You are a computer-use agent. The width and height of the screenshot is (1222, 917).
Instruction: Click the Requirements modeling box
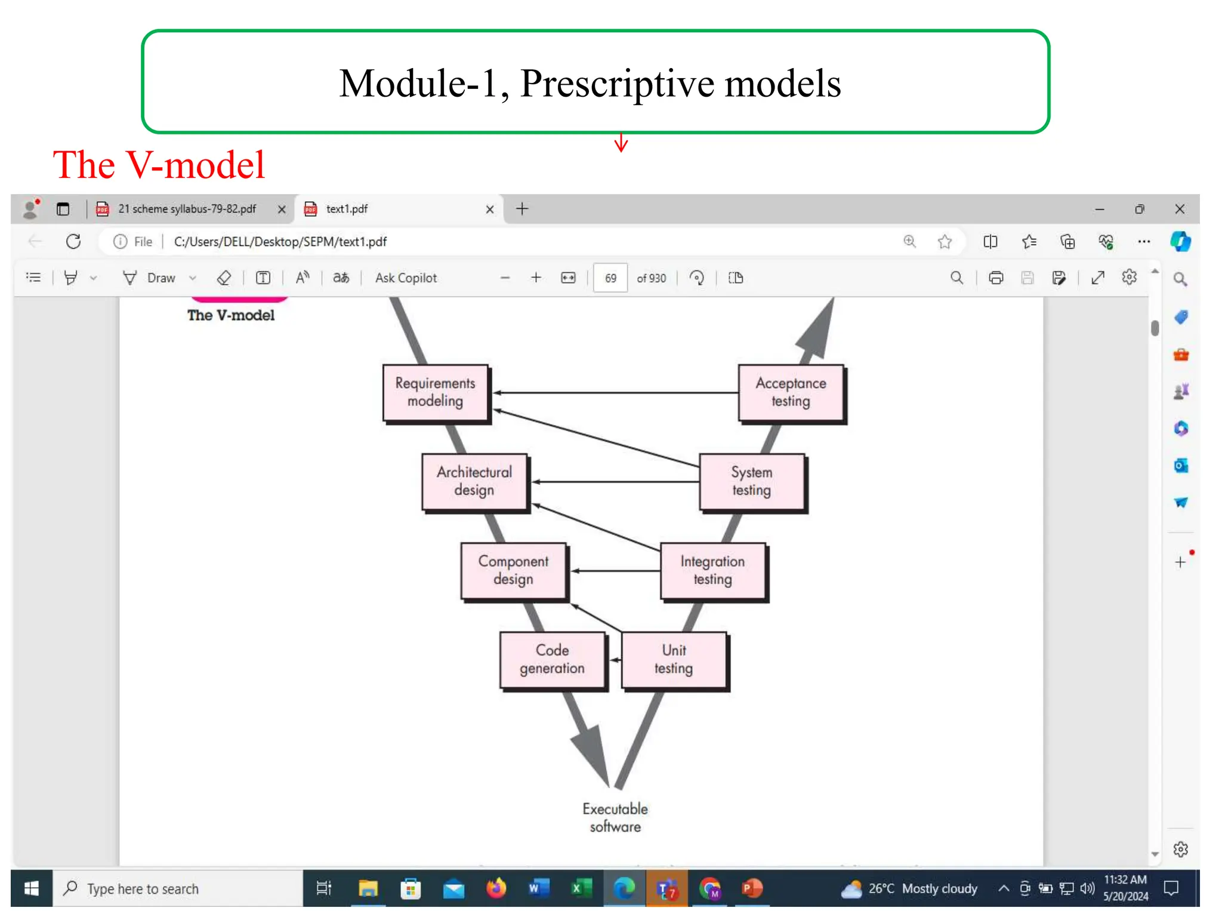(435, 392)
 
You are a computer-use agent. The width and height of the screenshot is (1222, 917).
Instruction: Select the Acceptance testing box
(791, 392)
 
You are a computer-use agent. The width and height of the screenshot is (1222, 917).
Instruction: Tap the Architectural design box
(474, 481)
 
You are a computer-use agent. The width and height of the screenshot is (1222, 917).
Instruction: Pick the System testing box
(751, 481)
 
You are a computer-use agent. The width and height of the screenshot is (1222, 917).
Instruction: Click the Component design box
(513, 570)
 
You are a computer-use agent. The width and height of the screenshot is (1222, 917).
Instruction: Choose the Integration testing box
(712, 570)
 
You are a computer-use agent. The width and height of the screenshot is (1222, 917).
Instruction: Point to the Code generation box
(552, 659)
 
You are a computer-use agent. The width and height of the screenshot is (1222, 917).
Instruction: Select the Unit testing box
(674, 659)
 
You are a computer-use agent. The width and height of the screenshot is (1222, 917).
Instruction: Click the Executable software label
(615, 818)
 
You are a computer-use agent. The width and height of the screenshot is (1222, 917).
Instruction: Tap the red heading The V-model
(159, 165)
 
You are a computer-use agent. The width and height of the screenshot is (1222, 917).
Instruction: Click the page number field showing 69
(610, 278)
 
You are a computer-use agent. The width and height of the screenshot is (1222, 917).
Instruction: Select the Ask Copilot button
(406, 278)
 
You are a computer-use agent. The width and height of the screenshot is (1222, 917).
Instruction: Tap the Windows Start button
(32, 889)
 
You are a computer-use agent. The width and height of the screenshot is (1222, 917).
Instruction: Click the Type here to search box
(179, 889)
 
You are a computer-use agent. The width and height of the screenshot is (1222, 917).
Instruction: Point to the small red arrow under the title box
(621, 143)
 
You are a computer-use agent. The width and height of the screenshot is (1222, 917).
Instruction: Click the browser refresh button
(73, 242)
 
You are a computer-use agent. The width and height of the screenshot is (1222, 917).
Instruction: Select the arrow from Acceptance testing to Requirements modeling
(615, 393)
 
